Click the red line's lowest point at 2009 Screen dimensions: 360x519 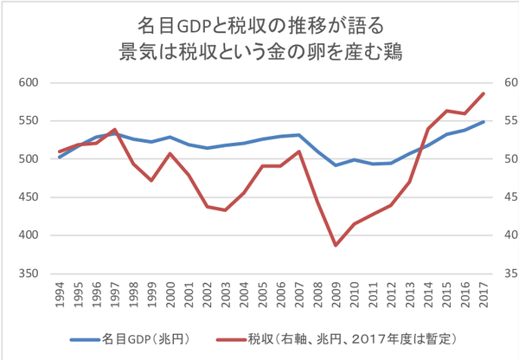(336, 246)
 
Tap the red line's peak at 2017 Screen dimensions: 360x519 (484, 93)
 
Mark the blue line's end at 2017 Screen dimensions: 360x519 (484, 122)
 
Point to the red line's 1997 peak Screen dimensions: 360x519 (115, 129)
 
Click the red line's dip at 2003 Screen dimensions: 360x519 (226, 210)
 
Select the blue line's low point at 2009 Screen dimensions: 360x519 (336, 165)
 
